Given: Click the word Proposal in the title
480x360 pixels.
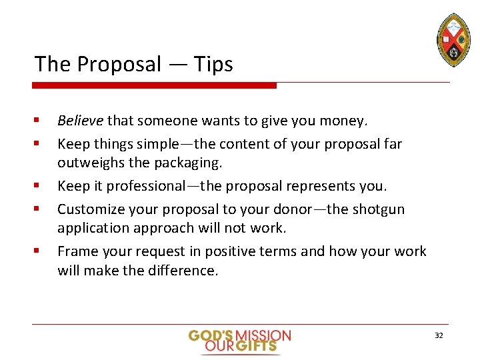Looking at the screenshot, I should [x=119, y=65].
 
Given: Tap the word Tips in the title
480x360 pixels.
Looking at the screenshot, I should [x=213, y=65].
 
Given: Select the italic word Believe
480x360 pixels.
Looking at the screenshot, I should [x=80, y=121].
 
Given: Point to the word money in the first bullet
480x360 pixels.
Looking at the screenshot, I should [x=343, y=121].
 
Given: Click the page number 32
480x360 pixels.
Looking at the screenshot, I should [x=438, y=335].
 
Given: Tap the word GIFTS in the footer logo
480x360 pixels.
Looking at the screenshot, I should [x=259, y=346].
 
